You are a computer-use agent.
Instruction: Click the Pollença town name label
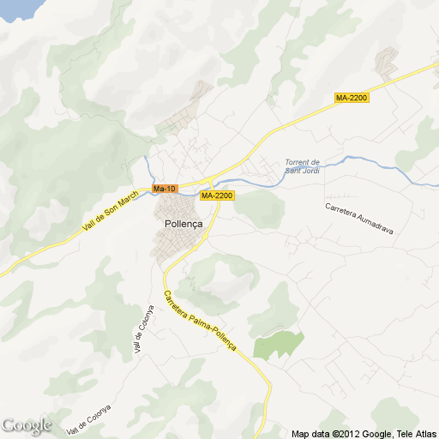[x=182, y=224]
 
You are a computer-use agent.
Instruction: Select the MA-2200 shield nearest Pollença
[x=217, y=195]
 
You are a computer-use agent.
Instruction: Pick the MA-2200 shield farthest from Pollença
[x=351, y=99]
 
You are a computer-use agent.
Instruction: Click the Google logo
[x=26, y=425]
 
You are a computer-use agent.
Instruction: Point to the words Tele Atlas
[x=414, y=433]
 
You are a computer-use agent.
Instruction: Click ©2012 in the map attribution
[x=345, y=433]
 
